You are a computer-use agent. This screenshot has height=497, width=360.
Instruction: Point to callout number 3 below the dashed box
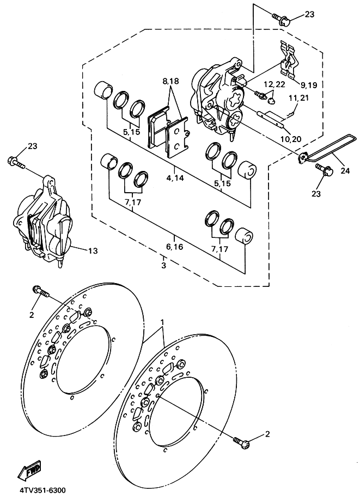164,266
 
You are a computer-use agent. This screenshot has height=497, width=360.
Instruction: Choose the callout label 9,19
309,85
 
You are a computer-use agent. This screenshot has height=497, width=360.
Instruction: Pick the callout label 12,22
275,84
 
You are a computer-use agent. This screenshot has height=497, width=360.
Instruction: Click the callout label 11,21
299,98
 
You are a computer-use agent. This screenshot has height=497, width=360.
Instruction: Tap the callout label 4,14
175,178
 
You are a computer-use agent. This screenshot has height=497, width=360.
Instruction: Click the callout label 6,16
175,247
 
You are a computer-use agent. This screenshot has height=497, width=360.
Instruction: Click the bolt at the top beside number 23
281,20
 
